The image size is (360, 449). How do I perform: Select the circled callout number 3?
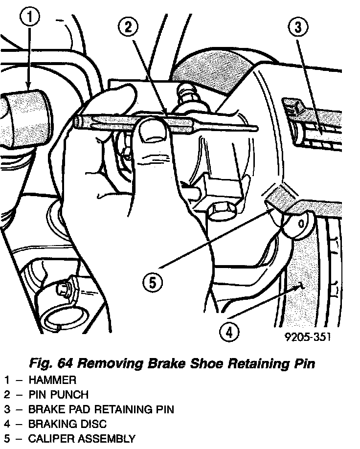tap(297, 28)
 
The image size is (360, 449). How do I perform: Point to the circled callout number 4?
tap(230, 333)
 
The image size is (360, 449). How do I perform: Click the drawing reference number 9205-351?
tap(302, 338)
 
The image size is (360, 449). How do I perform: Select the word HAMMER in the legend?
tap(52, 380)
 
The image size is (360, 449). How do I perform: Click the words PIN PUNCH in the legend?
tap(59, 394)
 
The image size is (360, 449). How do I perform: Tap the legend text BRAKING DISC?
tap(67, 424)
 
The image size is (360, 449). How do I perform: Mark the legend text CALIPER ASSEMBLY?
tap(81, 438)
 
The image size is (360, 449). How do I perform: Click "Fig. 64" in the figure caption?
tap(51, 363)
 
